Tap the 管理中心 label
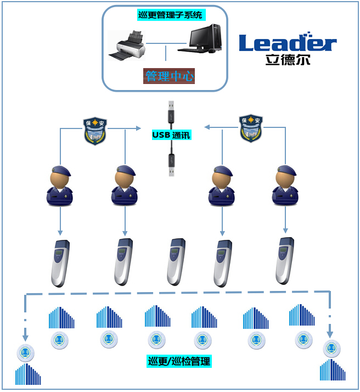(x=169, y=76)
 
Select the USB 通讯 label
(x=172, y=135)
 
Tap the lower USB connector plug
(x=172, y=163)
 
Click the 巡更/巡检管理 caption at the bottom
(x=179, y=361)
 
